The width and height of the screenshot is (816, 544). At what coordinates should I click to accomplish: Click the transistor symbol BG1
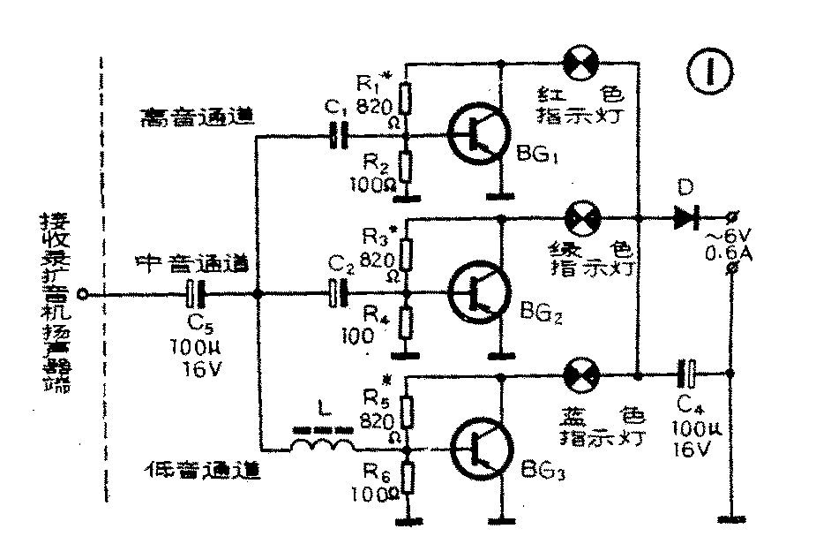click(x=477, y=136)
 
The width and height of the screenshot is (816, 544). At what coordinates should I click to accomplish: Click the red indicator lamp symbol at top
click(x=582, y=64)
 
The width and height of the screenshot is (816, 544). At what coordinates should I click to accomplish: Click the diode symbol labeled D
click(x=687, y=217)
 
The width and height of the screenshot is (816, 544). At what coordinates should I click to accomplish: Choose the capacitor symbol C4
click(x=689, y=373)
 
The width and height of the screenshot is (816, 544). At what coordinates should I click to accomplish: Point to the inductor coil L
click(x=322, y=444)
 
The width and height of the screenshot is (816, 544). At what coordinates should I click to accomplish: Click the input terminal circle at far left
click(x=82, y=294)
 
